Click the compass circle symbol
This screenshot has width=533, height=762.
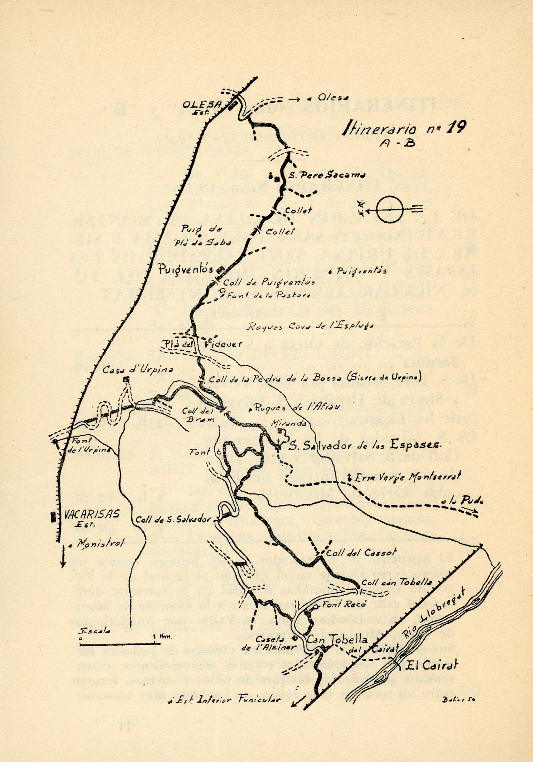pos(389,208)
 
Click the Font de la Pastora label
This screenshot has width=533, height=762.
pos(268,295)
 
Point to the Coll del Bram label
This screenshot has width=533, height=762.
pos(198,415)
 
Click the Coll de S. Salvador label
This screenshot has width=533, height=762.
pos(173,520)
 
